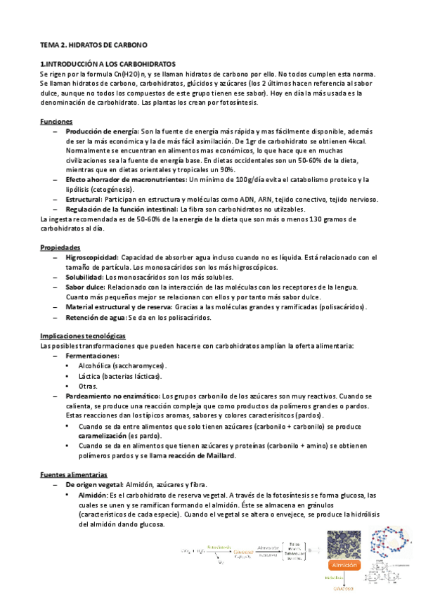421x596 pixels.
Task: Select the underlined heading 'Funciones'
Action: tap(56, 122)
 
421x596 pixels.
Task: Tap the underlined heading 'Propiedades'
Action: tap(60, 248)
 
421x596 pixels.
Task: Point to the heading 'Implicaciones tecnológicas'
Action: tap(83, 336)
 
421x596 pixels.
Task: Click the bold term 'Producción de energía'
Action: tap(102, 131)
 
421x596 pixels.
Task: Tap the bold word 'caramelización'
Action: tap(101, 436)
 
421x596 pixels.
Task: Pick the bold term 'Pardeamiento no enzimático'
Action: tap(112, 396)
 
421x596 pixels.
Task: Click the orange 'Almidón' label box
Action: tap(342, 564)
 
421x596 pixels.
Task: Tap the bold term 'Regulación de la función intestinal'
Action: tap(121, 209)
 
